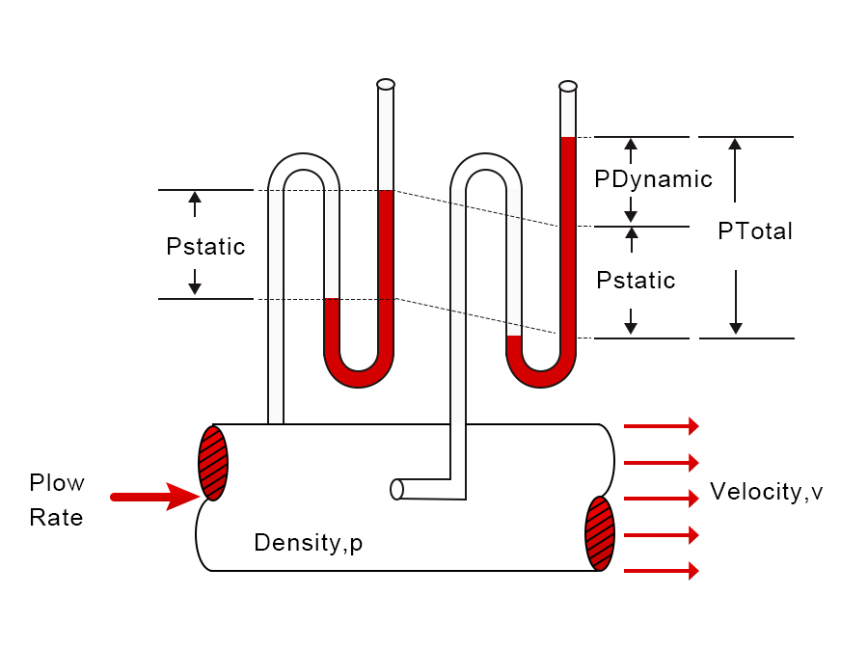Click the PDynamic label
653,179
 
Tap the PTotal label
755,231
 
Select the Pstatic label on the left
205,247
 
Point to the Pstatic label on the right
636,281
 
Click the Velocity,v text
766,492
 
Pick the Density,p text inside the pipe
308,543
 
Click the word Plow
57,482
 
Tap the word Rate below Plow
56,518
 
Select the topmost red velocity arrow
662,425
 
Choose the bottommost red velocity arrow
662,571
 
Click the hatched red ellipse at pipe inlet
212,463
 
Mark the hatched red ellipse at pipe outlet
599,533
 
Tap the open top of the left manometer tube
386,84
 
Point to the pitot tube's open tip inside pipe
396,489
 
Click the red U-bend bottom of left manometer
359,376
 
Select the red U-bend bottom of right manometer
541,376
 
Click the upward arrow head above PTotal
735,145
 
